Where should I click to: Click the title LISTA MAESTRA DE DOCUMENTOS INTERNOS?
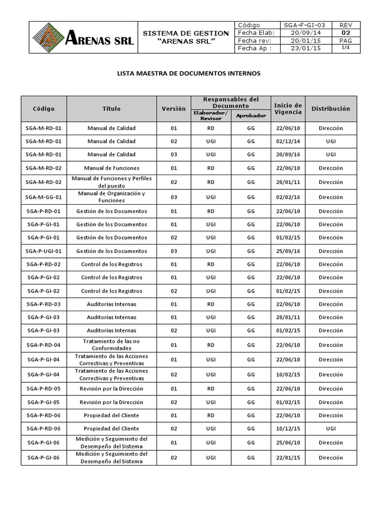click(189, 73)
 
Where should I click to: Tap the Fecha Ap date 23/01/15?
click(306, 49)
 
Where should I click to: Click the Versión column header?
click(174, 108)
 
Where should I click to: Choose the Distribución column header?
click(330, 108)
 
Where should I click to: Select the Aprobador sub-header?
click(251, 116)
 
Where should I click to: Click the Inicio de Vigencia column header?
click(287, 108)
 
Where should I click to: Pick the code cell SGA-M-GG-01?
click(44, 197)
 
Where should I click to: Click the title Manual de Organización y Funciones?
click(111, 197)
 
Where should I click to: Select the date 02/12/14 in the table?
click(287, 141)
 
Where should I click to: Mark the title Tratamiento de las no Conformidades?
click(111, 344)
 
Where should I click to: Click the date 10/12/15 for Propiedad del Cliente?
click(287, 429)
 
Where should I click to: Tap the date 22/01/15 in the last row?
click(287, 458)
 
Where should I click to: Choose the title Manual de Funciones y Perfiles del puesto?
click(111, 182)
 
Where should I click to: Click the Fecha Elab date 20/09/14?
click(306, 33)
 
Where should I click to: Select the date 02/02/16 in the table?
click(287, 197)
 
